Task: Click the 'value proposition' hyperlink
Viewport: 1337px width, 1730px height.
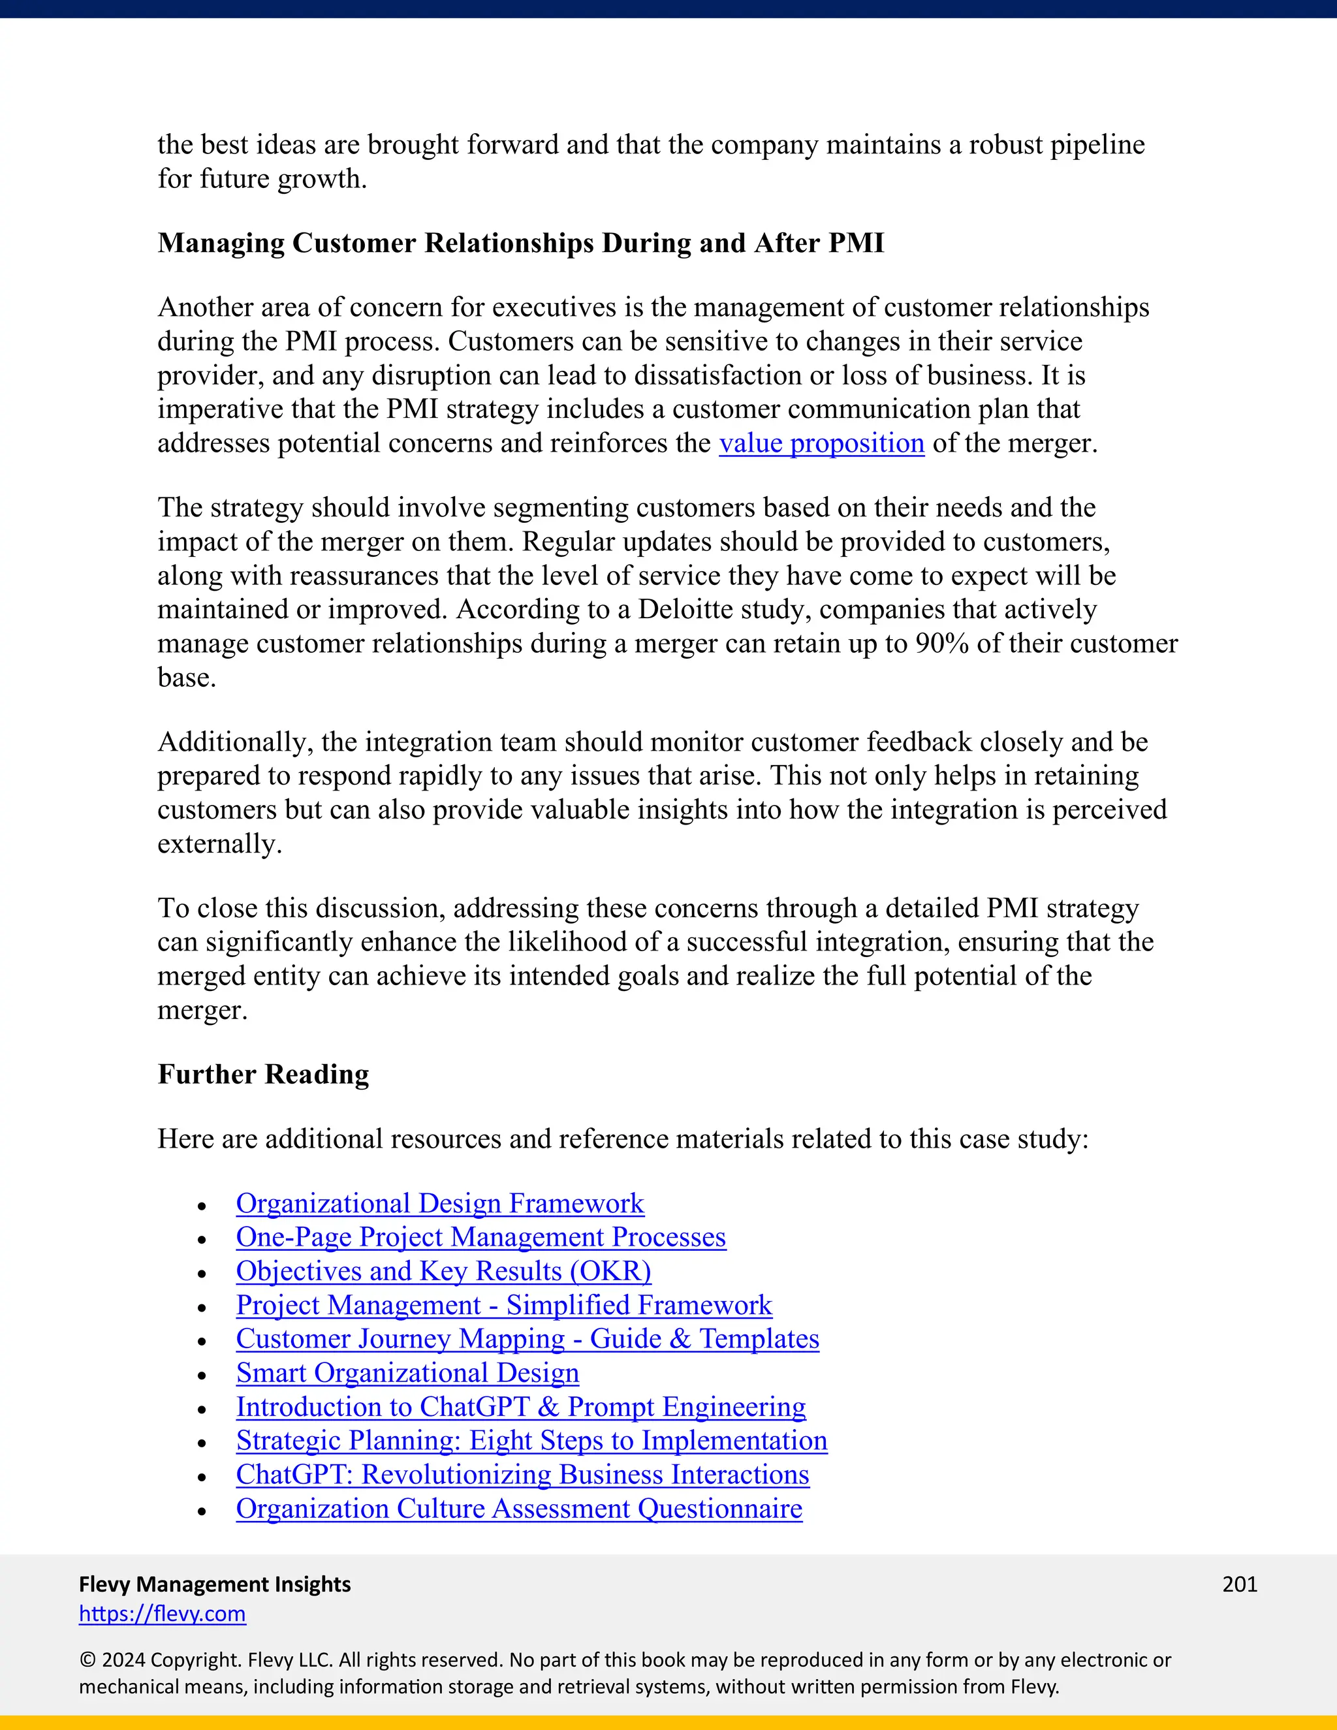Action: point(821,443)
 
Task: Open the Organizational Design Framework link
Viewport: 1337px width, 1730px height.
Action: point(439,1203)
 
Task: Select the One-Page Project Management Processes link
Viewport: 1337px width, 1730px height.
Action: point(480,1237)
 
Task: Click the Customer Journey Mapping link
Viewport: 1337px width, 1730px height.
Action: point(527,1339)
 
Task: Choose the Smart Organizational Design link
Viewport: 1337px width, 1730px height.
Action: point(407,1373)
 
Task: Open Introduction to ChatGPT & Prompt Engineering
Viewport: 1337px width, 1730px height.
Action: point(520,1407)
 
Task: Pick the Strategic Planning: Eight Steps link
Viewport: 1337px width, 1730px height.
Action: point(531,1441)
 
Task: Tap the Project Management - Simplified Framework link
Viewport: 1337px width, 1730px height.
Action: point(504,1306)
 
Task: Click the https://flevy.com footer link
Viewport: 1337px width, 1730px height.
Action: point(163,1614)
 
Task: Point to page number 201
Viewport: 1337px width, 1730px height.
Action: point(1240,1584)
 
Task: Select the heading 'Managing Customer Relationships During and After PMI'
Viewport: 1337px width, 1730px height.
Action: point(520,244)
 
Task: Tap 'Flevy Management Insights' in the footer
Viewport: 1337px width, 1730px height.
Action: point(215,1584)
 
